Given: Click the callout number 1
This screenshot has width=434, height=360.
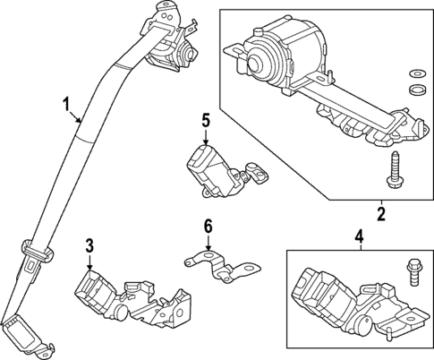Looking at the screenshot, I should tap(64, 106).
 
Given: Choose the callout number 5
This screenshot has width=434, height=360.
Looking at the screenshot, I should tap(205, 119).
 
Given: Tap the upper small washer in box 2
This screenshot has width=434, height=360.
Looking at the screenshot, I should tap(413, 73).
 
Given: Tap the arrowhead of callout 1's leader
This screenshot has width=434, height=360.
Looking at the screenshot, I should tap(81, 121).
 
